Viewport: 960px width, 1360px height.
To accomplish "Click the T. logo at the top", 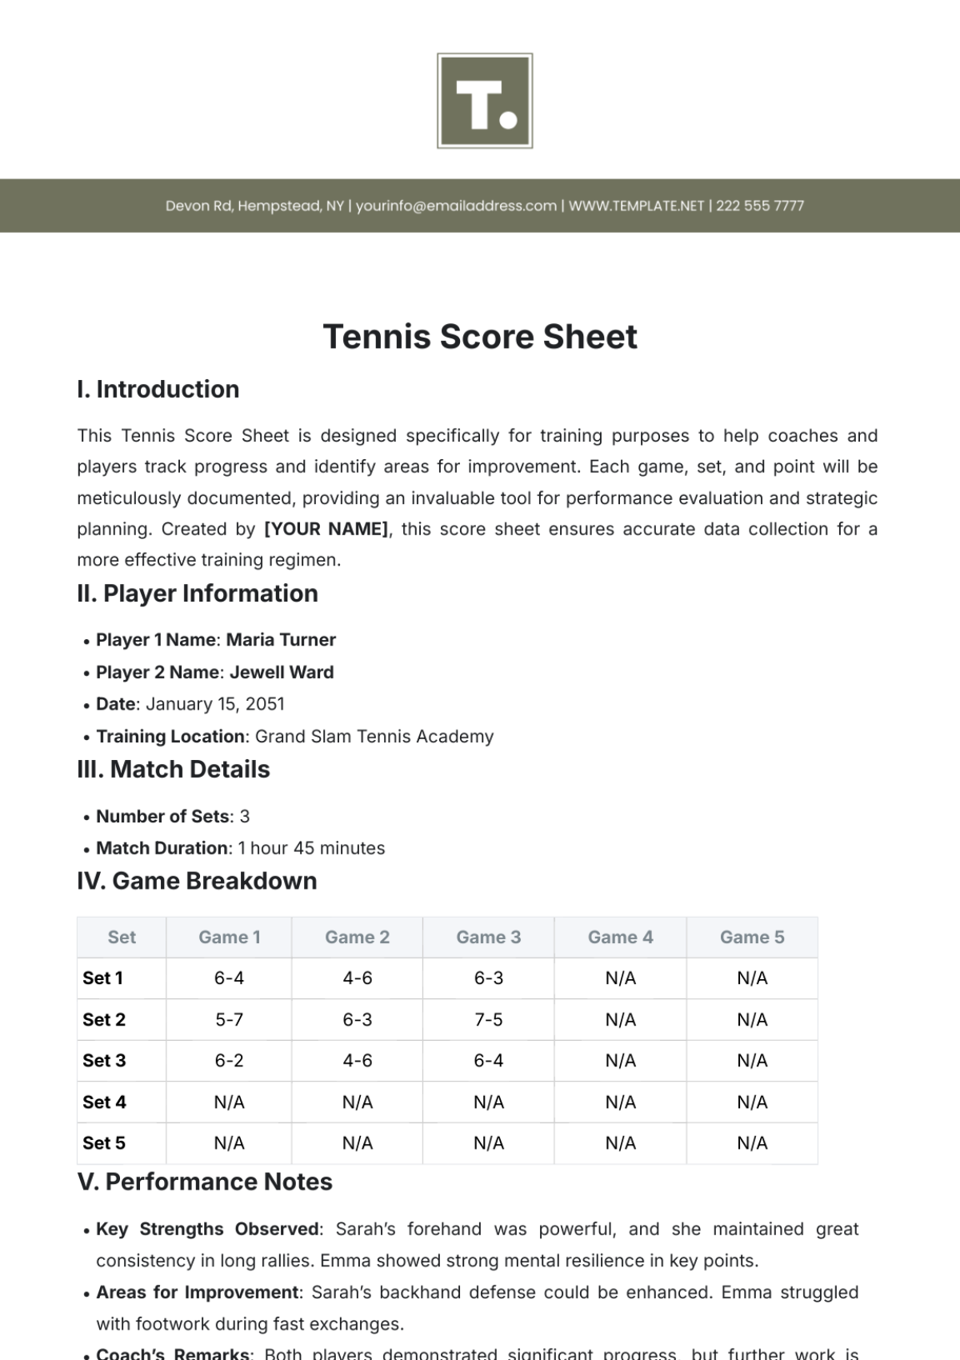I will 485,101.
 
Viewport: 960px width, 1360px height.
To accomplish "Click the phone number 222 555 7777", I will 759,206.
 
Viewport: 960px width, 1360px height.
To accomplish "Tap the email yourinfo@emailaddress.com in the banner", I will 456,206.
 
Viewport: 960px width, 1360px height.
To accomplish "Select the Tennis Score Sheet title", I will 480,337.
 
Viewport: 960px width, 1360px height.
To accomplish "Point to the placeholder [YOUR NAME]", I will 326,530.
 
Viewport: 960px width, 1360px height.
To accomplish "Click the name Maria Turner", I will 281,640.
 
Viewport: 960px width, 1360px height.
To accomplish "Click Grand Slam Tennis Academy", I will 374,736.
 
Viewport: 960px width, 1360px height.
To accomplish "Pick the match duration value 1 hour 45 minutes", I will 311,848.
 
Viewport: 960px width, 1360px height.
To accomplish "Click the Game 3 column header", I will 488,938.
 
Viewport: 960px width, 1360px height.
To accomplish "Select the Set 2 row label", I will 104,1020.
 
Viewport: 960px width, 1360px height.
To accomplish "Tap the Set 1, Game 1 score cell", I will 229,978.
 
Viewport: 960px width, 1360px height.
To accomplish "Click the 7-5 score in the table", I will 488,1020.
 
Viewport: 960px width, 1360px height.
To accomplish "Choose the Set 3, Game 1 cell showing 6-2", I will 229,1061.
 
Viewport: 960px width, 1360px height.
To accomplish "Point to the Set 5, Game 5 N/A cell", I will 752,1143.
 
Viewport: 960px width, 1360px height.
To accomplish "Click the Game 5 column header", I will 752,938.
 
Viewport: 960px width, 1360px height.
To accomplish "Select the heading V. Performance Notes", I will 205,1182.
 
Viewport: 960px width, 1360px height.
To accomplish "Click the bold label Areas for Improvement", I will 198,1293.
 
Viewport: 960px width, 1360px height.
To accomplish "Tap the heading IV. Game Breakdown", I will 197,882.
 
